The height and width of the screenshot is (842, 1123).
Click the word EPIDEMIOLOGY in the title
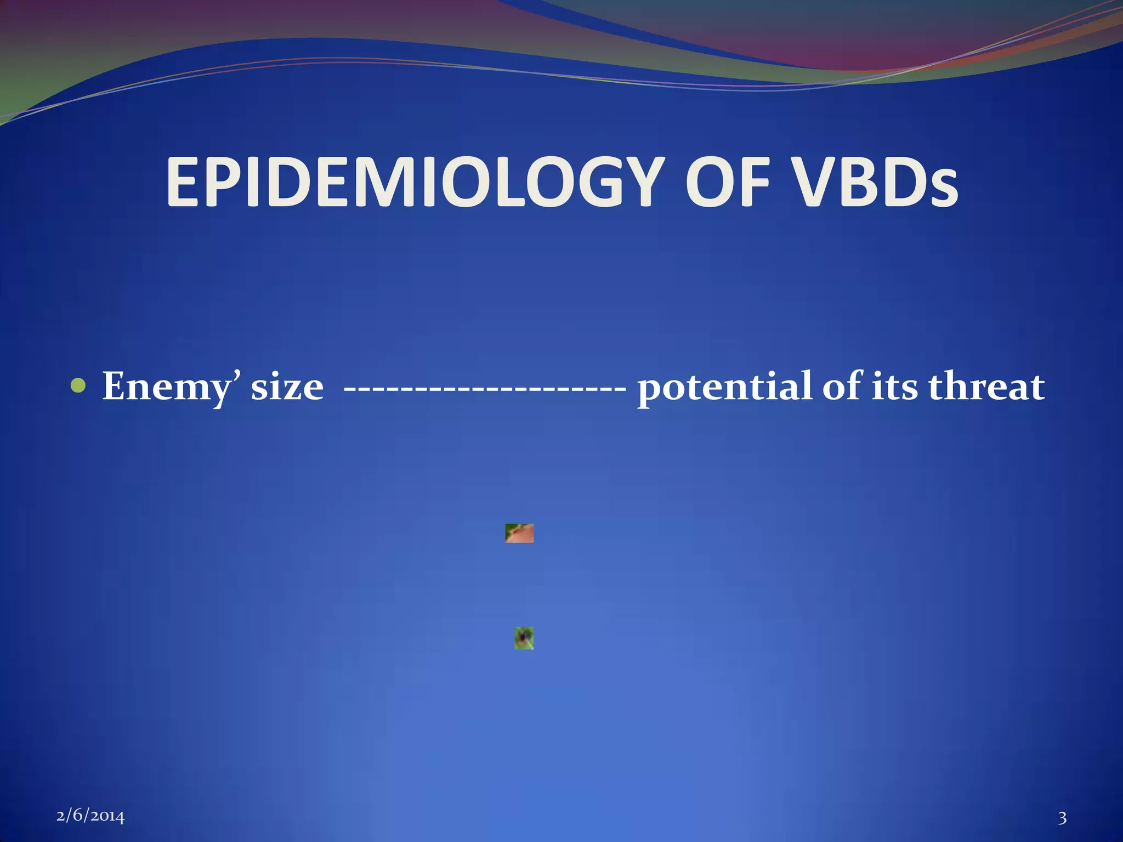point(411,183)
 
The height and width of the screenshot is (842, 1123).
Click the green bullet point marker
point(79,386)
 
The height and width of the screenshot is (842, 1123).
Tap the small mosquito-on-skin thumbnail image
point(519,533)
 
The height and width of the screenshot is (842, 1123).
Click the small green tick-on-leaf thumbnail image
point(524,638)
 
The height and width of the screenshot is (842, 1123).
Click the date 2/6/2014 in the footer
point(90,816)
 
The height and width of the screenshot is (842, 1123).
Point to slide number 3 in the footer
point(1062,818)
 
